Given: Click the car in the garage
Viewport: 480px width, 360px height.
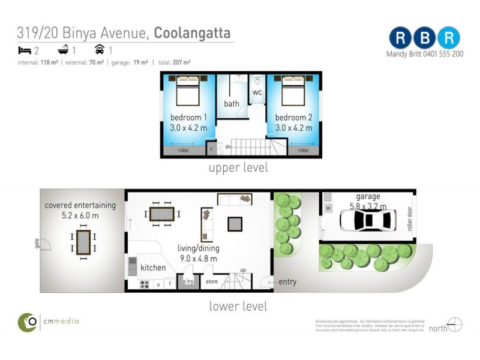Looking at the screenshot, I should pyautogui.click(x=367, y=220).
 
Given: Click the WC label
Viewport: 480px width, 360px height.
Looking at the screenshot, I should pyautogui.click(x=257, y=93).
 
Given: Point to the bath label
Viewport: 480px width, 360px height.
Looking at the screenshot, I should pyautogui.click(x=232, y=104).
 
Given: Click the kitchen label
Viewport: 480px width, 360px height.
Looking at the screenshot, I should pyautogui.click(x=152, y=268).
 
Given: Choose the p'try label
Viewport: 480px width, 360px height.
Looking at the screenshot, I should pyautogui.click(x=188, y=281).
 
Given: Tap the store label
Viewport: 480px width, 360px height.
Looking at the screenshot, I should pyautogui.click(x=212, y=281).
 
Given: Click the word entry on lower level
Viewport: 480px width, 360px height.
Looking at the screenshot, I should pyautogui.click(x=287, y=282).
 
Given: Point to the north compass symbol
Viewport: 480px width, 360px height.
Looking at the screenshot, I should pyautogui.click(x=455, y=325).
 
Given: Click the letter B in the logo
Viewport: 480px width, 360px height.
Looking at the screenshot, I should pyautogui.click(x=424, y=38).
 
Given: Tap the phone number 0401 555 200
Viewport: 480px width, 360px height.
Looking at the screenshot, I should pyautogui.click(x=441, y=53).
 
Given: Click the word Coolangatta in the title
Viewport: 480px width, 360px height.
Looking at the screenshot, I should pyautogui.click(x=193, y=33).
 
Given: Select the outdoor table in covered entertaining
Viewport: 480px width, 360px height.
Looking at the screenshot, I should pyautogui.click(x=83, y=243).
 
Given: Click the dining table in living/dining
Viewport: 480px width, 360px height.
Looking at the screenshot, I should pyautogui.click(x=162, y=214).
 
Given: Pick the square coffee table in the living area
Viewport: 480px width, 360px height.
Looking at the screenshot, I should pyautogui.click(x=235, y=224).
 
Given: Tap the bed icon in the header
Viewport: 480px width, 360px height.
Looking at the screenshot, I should pyautogui.click(x=25, y=50).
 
